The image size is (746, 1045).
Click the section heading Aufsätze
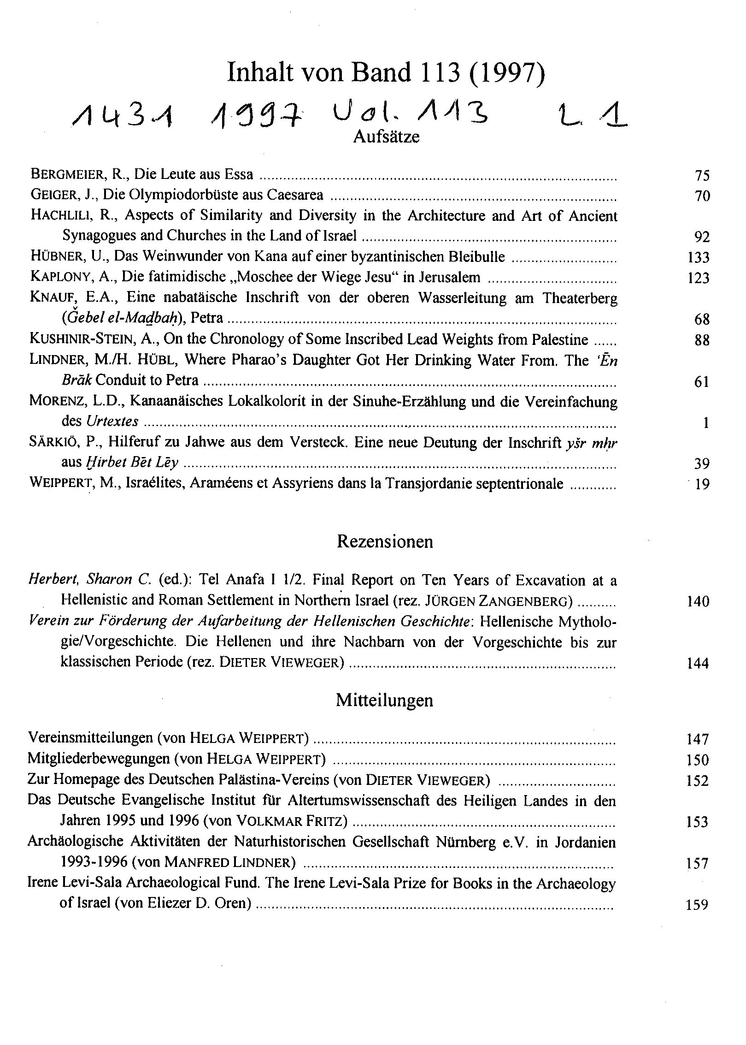(x=386, y=137)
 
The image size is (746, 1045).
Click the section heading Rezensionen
(x=385, y=541)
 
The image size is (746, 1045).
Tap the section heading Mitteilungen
(x=384, y=700)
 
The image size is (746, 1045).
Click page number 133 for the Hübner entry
(x=698, y=257)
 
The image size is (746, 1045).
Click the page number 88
(x=701, y=340)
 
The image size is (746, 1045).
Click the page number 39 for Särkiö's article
(x=701, y=463)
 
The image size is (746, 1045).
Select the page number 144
(x=698, y=664)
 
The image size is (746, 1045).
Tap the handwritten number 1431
(x=123, y=117)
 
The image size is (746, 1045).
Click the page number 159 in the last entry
(x=697, y=905)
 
